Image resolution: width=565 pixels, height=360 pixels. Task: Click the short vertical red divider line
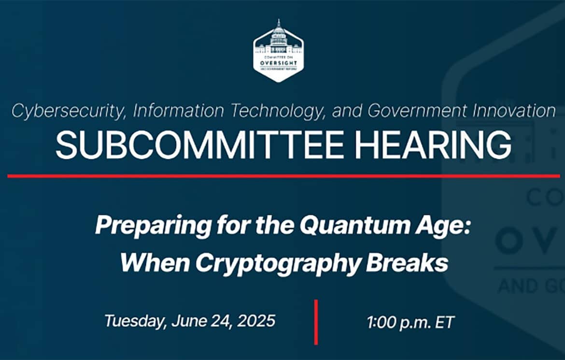pyautogui.click(x=316, y=322)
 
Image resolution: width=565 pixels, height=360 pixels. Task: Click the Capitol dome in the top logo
pyautogui.click(x=279, y=31)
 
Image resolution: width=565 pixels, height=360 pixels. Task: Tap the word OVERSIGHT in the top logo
pyautogui.click(x=279, y=62)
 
